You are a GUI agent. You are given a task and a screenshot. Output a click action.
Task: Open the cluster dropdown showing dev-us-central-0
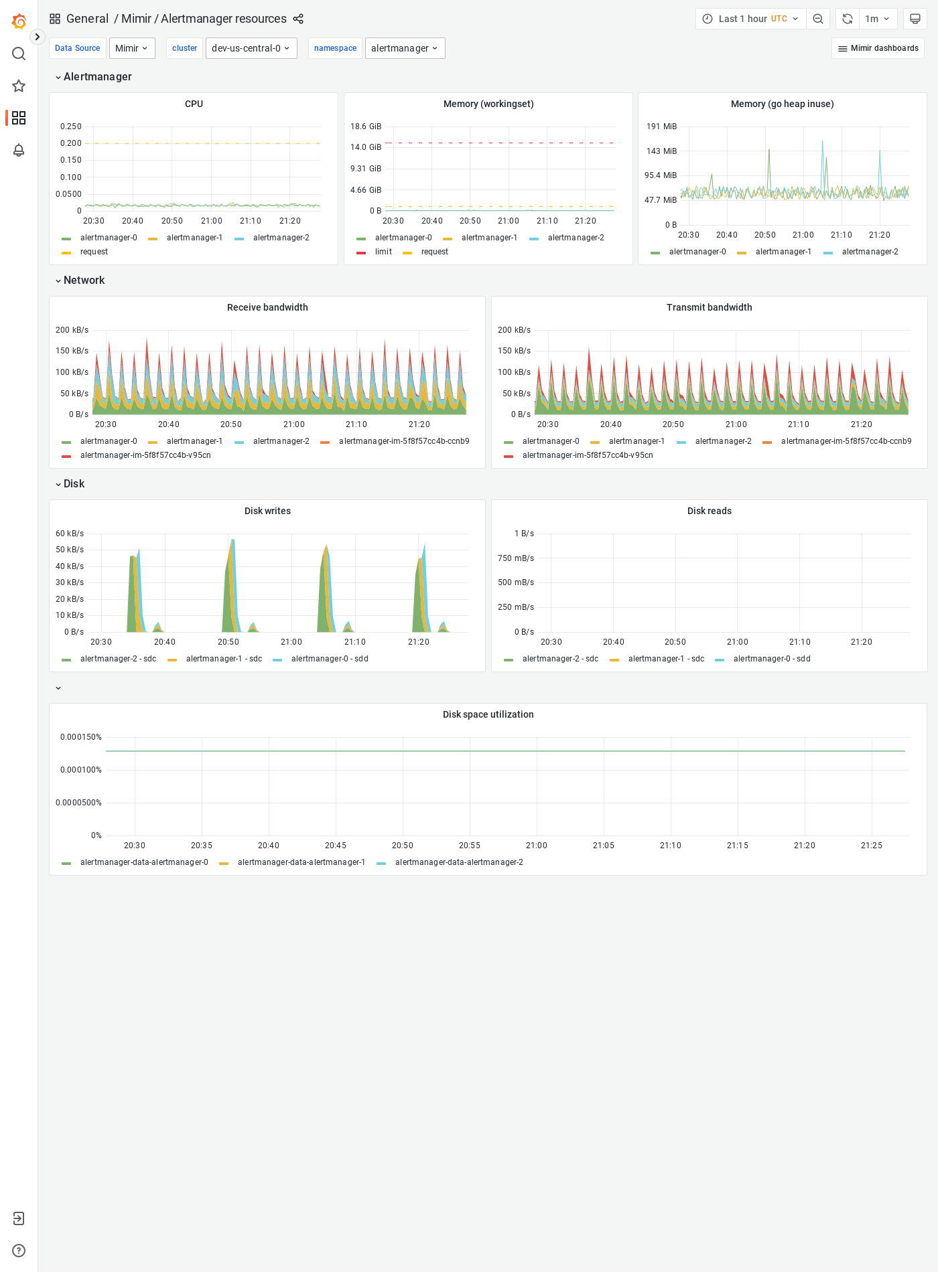(251, 48)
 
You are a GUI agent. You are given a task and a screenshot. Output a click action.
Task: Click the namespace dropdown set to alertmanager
(405, 48)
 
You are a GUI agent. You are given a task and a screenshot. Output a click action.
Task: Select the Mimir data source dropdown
(132, 48)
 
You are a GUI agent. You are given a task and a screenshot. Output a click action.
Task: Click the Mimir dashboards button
(878, 48)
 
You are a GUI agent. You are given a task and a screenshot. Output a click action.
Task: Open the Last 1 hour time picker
(750, 19)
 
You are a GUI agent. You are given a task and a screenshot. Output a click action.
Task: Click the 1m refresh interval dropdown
(877, 19)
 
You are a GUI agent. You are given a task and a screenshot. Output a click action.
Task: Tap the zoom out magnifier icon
(818, 19)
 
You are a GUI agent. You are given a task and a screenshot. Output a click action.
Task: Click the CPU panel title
(194, 104)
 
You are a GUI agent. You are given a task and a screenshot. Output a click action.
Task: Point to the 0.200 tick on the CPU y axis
(71, 143)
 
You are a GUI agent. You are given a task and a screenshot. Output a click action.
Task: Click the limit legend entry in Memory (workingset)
(383, 252)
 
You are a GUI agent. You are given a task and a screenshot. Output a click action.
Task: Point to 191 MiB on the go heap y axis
(661, 127)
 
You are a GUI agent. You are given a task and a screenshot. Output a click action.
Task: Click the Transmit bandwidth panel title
(709, 307)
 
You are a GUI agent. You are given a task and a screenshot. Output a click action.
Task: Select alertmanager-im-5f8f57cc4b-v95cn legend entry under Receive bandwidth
(145, 455)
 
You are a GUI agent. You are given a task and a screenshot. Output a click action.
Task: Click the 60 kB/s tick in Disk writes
(70, 534)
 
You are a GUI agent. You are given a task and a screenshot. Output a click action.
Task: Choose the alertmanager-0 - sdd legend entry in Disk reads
(772, 659)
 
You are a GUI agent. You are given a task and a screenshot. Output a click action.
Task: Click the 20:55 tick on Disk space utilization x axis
(470, 846)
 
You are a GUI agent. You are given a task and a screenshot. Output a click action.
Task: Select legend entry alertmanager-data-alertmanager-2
(459, 862)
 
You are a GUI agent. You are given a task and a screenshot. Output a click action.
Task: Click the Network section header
(84, 281)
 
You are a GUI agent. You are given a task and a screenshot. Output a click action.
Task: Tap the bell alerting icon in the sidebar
(19, 150)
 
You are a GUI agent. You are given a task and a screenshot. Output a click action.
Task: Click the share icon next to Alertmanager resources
(298, 19)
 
